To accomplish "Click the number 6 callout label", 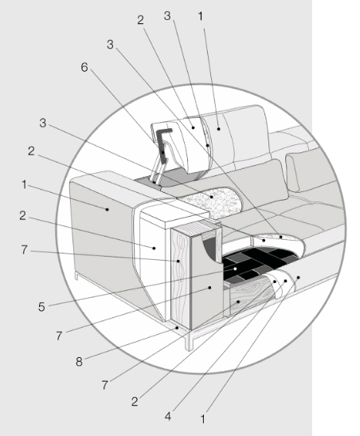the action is [x=84, y=68].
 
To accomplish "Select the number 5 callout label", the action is [x=41, y=307].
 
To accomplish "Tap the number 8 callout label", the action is [x=79, y=362].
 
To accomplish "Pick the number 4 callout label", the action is [x=168, y=417].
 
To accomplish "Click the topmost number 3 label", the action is [x=167, y=16].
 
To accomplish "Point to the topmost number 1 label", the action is [x=201, y=17].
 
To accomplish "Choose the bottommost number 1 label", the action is [x=203, y=419].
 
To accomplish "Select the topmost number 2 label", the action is [x=140, y=20].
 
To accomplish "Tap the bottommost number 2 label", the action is [x=135, y=402].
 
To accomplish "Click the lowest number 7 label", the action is [x=104, y=386].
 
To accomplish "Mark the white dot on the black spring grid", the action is [x=235, y=269].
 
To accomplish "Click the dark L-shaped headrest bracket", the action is [x=163, y=144].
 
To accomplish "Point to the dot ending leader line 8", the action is [x=177, y=328].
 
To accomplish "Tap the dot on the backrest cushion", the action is [x=218, y=129].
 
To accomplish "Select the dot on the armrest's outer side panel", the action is [x=108, y=210].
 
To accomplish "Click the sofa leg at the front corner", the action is [x=190, y=340].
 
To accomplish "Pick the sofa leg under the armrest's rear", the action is [x=77, y=276].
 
